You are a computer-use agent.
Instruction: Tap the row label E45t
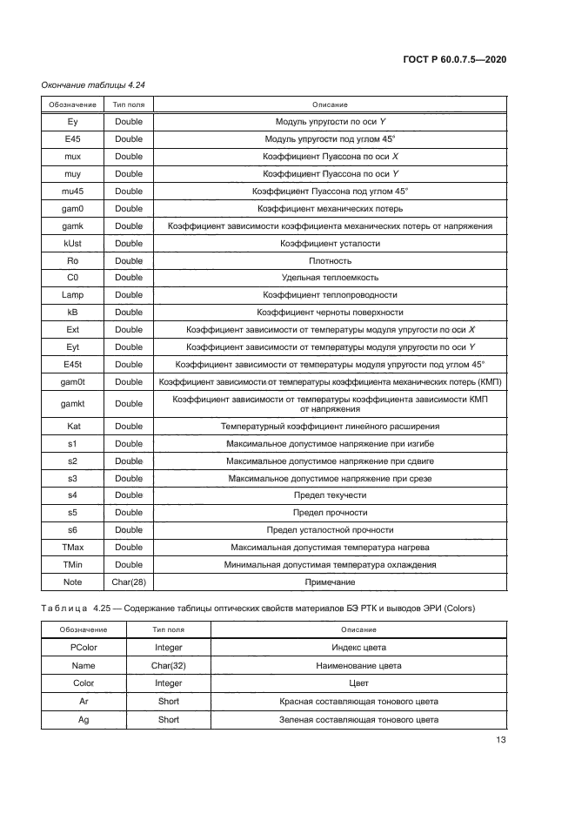(x=73, y=365)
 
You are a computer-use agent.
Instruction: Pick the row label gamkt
(x=73, y=404)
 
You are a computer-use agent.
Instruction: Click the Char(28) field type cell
(x=129, y=582)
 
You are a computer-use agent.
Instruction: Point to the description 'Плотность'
(x=330, y=260)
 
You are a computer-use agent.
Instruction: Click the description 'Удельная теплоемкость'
(x=330, y=278)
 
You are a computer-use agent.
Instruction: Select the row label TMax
(x=73, y=548)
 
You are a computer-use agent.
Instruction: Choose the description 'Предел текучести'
(x=330, y=495)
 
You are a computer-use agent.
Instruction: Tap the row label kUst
(x=73, y=243)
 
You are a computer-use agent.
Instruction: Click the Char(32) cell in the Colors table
(x=169, y=665)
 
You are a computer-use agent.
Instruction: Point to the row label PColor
(x=84, y=647)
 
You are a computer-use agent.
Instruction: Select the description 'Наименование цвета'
(x=358, y=665)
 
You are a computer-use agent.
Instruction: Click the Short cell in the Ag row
(x=169, y=720)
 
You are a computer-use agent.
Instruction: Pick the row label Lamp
(x=73, y=295)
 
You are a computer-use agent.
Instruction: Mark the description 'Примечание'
(x=330, y=582)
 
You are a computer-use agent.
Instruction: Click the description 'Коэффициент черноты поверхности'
(x=330, y=313)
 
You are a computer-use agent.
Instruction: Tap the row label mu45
(x=73, y=191)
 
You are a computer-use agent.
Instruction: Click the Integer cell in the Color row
(x=169, y=683)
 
